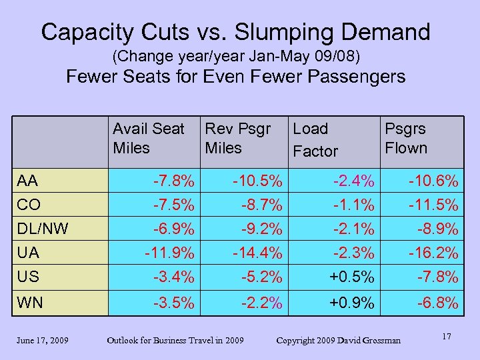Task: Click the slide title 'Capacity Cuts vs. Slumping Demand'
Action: [x=235, y=31]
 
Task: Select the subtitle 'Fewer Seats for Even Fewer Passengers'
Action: [x=235, y=77]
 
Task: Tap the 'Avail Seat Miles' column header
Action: [x=148, y=138]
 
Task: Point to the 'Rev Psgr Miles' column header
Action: [x=238, y=138]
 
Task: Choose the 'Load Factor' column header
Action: [x=315, y=140]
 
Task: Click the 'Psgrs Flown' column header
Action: [x=405, y=138]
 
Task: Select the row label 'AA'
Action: [x=27, y=181]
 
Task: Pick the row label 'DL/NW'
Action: [x=43, y=229]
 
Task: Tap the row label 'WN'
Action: [x=30, y=303]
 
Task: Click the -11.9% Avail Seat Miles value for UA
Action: [x=170, y=253]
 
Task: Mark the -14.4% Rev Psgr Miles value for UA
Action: [x=257, y=253]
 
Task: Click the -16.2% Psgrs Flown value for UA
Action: [x=433, y=253]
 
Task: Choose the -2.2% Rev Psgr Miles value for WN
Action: [x=262, y=303]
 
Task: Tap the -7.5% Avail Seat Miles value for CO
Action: [x=174, y=205]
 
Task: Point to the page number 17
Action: [x=446, y=337]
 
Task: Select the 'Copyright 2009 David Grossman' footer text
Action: [x=339, y=341]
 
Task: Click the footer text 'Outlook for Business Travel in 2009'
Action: [x=175, y=341]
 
